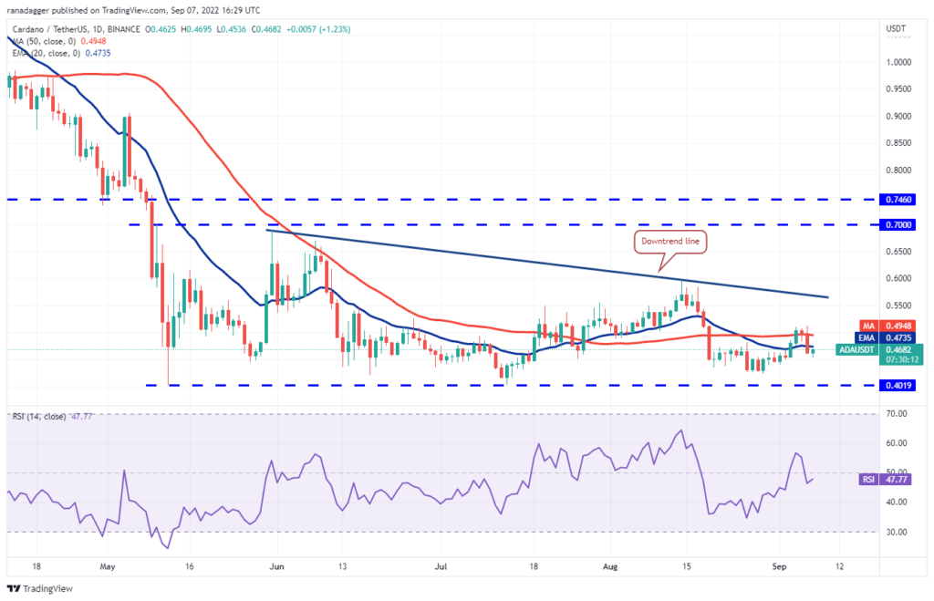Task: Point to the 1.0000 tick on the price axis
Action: coord(898,62)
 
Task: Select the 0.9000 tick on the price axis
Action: coord(898,116)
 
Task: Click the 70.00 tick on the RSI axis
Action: coord(896,414)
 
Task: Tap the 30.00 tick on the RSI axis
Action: coord(896,532)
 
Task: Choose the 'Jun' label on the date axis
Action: coord(275,565)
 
